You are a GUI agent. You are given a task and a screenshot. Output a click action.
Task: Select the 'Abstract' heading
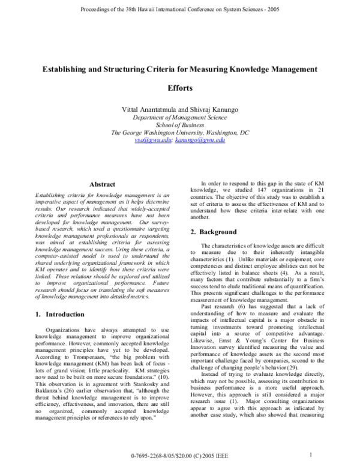tap(102, 184)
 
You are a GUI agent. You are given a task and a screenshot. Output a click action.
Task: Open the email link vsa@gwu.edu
tap(151, 139)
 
